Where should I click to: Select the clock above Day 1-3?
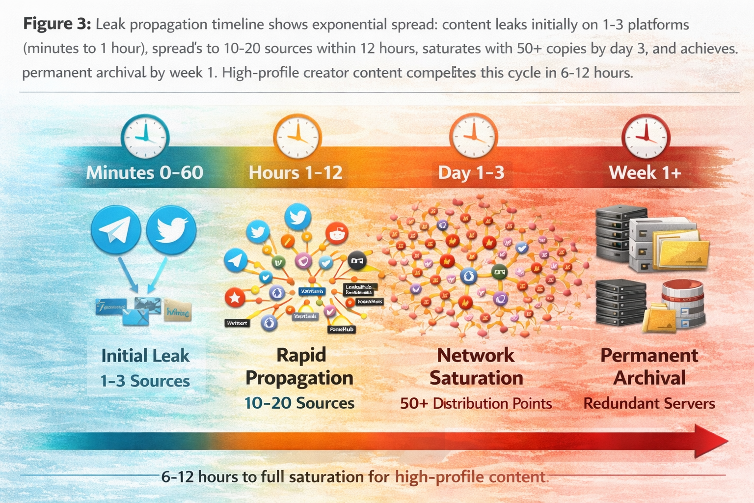tap(473, 136)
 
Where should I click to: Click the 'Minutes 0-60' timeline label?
tap(144, 172)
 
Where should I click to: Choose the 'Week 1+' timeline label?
tap(645, 172)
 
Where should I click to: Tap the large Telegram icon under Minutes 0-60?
tap(116, 229)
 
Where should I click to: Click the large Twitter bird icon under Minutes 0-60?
tap(171, 229)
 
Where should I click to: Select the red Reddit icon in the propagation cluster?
tap(337, 233)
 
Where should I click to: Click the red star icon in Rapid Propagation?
tap(235, 298)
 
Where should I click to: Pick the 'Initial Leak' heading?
tap(145, 356)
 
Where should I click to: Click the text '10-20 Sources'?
tap(299, 403)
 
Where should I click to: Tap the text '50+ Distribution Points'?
tap(476, 403)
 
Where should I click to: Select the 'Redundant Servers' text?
tap(649, 403)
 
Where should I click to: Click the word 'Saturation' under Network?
tap(476, 378)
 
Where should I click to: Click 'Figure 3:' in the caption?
tap(57, 24)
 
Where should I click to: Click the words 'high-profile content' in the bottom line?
tap(470, 477)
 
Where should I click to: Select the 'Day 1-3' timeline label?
tap(471, 172)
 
